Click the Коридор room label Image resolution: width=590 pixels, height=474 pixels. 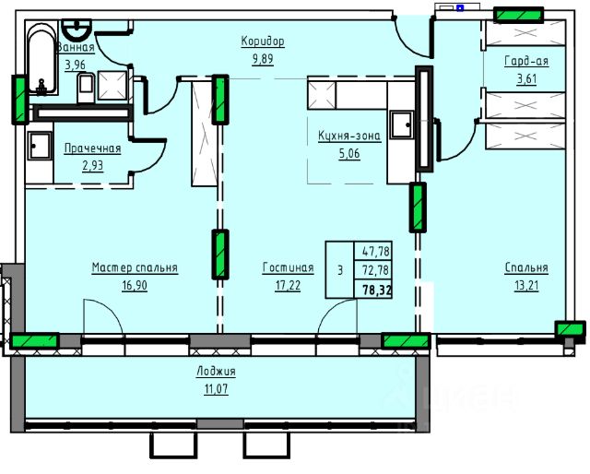[263, 41]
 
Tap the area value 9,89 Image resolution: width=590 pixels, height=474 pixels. [263, 59]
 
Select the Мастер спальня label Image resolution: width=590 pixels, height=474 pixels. [135, 267]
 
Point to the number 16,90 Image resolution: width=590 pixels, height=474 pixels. [135, 286]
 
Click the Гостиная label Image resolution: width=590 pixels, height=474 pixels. [288, 267]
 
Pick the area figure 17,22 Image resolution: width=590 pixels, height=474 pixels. [288, 286]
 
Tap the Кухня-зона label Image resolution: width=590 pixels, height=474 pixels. [349, 136]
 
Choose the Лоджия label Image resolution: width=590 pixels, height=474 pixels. [216, 372]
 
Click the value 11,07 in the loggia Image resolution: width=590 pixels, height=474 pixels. [216, 389]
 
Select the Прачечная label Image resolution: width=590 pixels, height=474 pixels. [92, 148]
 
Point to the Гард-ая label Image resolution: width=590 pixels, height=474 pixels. [526, 61]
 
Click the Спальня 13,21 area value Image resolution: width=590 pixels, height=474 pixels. [526, 286]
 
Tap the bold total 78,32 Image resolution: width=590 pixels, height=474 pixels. [377, 290]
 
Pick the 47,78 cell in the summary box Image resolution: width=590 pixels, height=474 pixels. [375, 251]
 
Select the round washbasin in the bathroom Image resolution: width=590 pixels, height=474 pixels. [77, 29]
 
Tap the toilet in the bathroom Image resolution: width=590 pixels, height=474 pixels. [86, 88]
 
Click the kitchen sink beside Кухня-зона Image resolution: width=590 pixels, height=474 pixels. [402, 124]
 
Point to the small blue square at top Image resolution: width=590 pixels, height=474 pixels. [460, 7]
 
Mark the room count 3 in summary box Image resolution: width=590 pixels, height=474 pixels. [340, 270]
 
